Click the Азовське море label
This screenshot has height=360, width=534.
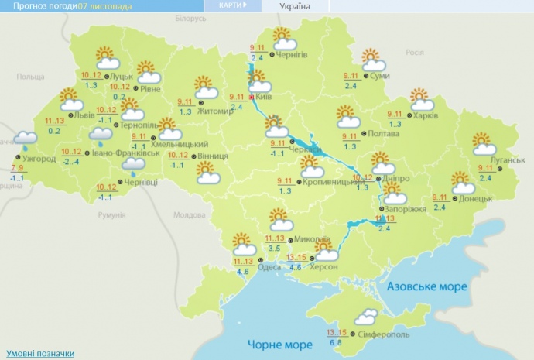point(428,286)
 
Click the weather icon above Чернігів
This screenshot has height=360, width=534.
point(282,38)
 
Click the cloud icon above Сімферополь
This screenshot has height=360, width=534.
point(366,316)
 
